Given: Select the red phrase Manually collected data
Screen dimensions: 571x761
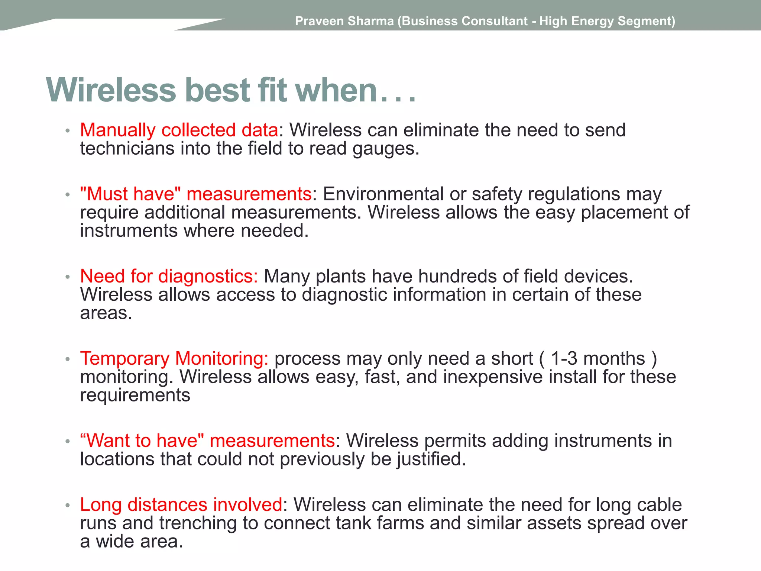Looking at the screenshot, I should pos(179,130).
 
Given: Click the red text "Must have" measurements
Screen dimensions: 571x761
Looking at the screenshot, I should pos(196,194).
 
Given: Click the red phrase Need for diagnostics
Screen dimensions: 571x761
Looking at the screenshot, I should pos(169,276).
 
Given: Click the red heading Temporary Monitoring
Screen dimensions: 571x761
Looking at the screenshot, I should pos(174,359).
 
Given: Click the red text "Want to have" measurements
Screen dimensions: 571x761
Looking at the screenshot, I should pos(207,441).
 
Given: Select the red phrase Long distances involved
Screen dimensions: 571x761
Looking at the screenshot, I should pos(181,505).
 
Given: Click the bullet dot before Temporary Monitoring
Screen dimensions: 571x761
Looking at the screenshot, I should pos(68,359).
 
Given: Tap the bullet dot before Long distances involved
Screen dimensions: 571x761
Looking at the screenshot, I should pos(68,505).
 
